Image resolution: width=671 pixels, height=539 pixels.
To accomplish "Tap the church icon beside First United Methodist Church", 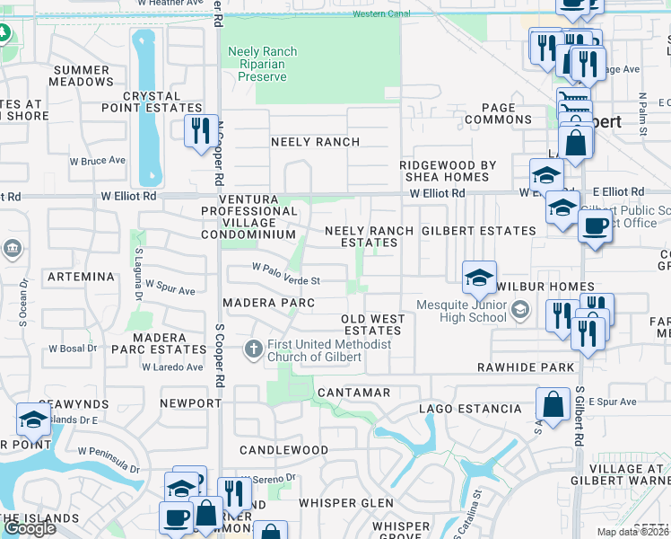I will pyautogui.click(x=254, y=349).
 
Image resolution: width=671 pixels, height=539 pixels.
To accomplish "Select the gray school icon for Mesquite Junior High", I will pyautogui.click(x=519, y=311).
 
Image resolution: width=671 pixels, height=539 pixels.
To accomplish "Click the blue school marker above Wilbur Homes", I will pyautogui.click(x=480, y=277).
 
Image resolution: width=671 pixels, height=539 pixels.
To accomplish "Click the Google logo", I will pyautogui.click(x=29, y=528).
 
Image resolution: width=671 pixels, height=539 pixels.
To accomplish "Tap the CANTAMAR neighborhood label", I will pyautogui.click(x=353, y=393).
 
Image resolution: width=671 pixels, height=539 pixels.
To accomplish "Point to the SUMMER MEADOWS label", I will pyautogui.click(x=82, y=76).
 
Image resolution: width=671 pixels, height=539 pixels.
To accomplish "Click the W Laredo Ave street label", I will pyautogui.click(x=171, y=367).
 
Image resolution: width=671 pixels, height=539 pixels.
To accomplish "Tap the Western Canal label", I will pyautogui.click(x=379, y=14).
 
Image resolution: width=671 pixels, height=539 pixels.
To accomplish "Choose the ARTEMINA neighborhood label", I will pyautogui.click(x=80, y=277).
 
